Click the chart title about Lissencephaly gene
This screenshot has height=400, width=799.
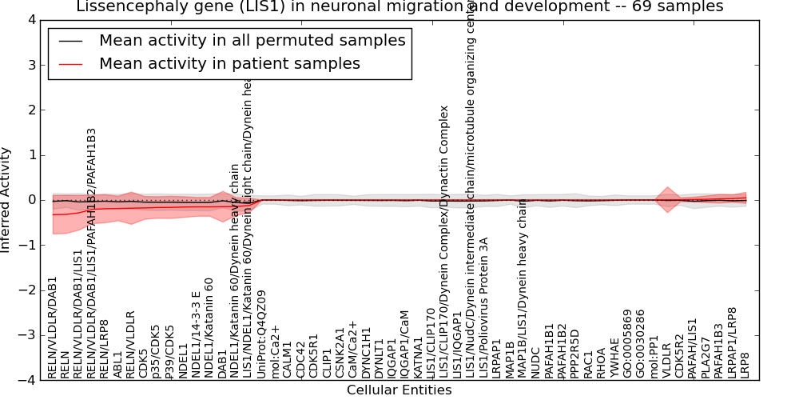point(399,6)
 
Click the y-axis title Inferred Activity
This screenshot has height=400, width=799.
point(6,200)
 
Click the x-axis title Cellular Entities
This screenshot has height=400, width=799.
point(399,390)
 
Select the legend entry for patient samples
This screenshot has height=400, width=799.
point(229,63)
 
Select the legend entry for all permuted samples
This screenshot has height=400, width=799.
point(252,40)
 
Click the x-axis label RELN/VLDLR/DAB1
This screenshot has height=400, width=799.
point(53,327)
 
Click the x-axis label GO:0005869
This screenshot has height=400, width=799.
point(628,343)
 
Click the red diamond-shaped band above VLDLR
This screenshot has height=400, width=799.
point(667,199)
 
